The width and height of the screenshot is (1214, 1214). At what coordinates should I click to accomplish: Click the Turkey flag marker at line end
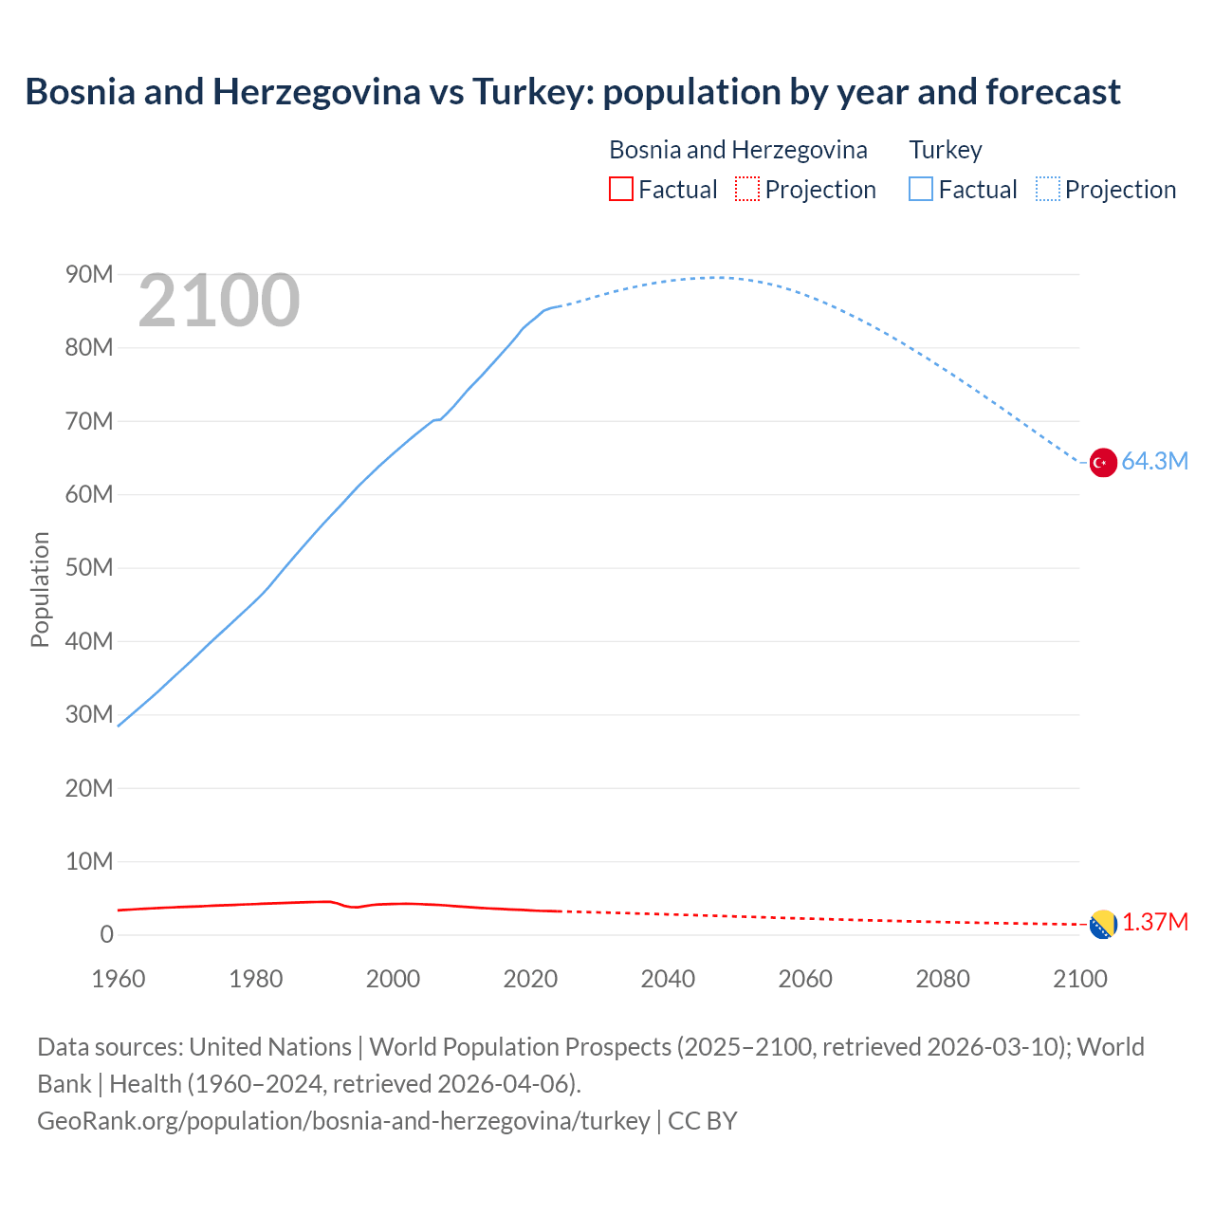(1102, 463)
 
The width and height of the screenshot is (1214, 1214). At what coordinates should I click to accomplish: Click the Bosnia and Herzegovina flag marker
(1102, 924)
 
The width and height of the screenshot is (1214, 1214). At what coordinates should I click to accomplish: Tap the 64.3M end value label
(1154, 462)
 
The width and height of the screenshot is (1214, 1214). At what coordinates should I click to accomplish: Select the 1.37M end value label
(1155, 923)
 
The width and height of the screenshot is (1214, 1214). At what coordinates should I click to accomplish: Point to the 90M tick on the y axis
(89, 275)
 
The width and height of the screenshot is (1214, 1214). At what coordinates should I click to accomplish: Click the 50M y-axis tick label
(89, 568)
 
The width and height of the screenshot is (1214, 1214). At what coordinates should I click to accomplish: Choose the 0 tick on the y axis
(106, 934)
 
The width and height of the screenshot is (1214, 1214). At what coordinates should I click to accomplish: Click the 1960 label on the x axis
(119, 979)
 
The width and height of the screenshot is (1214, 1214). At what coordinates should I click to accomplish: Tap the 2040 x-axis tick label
(668, 979)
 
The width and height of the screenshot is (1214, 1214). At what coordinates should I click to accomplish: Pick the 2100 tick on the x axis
(1079, 979)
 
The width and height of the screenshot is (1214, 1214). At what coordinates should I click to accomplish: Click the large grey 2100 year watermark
(219, 302)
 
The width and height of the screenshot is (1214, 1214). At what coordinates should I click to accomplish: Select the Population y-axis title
(40, 589)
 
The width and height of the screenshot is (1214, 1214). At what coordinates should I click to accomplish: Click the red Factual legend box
(620, 190)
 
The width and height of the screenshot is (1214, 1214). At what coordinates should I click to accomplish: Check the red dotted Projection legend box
(746, 190)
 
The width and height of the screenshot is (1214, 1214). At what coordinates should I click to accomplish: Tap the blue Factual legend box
(920, 190)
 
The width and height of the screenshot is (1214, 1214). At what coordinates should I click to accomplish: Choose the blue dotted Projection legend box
(1047, 190)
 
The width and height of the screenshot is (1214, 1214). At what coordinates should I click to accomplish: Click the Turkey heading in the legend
(946, 150)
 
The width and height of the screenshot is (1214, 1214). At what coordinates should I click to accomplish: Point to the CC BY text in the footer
(702, 1121)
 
